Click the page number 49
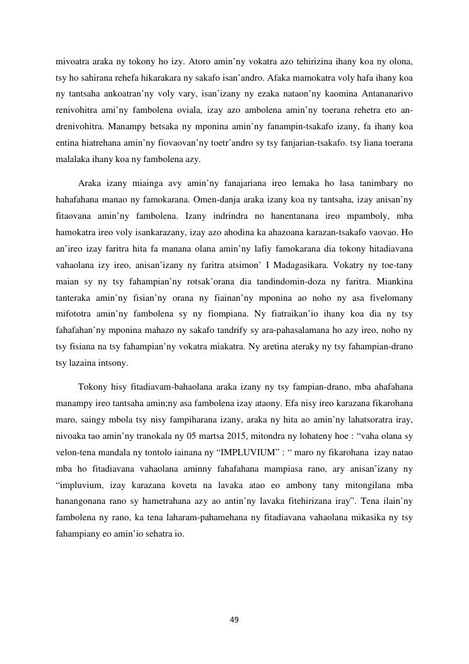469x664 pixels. point(234,620)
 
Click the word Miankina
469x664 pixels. point(395,282)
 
